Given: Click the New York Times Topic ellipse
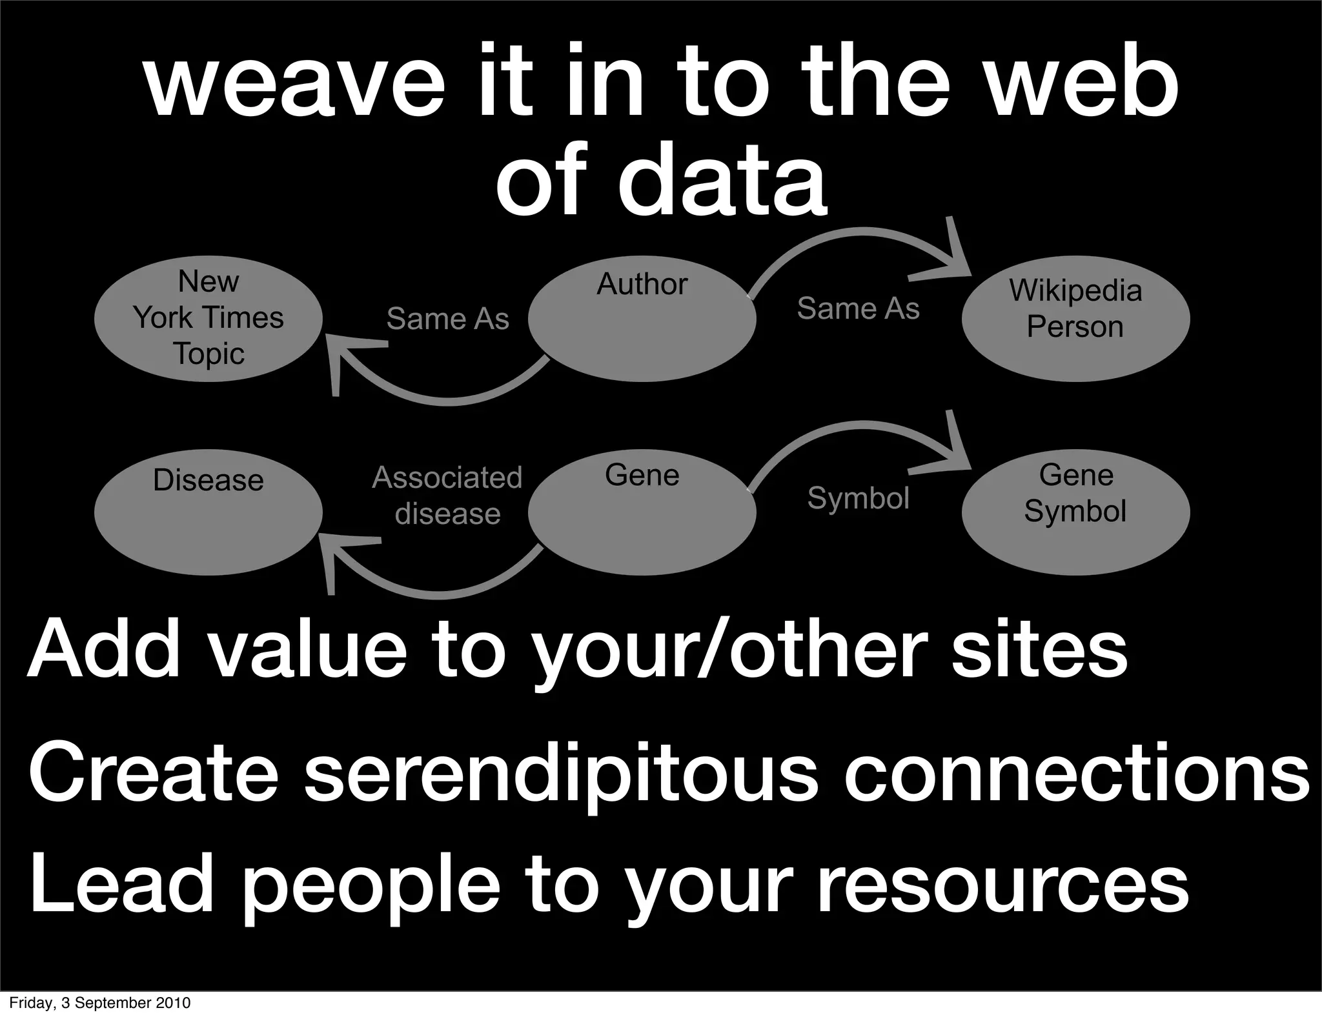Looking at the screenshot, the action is click(x=208, y=318).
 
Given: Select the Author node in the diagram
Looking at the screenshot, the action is click(x=642, y=318).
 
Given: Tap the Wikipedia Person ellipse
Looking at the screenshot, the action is click(x=1075, y=318).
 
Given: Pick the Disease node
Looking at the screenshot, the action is click(x=208, y=512).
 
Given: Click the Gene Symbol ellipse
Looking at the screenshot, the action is click(x=1075, y=512).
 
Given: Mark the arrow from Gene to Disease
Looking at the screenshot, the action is click(x=439, y=592).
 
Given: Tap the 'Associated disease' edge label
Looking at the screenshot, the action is click(x=447, y=496).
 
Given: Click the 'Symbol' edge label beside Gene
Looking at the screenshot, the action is click(x=858, y=498).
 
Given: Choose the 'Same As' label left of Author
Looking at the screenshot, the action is click(x=447, y=319).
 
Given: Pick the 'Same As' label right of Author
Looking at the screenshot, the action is click(x=858, y=308).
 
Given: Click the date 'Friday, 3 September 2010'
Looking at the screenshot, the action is click(x=100, y=1003).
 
